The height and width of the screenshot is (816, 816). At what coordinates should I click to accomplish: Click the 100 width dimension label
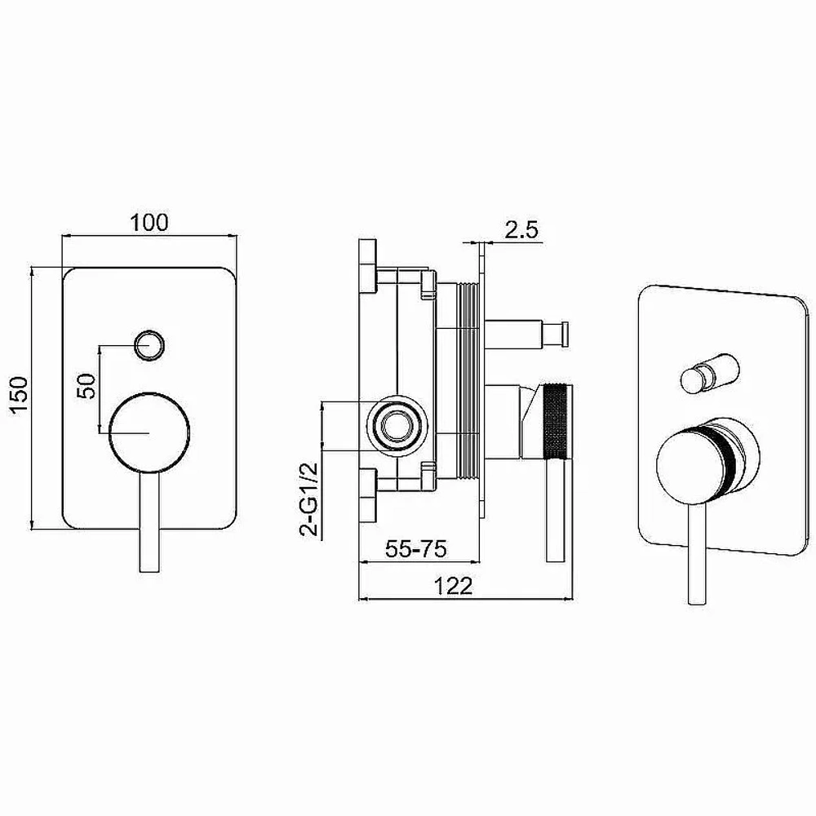149,222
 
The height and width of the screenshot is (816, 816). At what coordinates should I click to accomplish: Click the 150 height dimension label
20,396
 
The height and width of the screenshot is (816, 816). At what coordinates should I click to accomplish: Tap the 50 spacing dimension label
86,386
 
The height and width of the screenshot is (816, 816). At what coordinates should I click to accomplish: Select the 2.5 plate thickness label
521,229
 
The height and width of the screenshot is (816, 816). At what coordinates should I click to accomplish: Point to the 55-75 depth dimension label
416,548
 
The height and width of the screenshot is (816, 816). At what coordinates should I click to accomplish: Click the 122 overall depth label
453,586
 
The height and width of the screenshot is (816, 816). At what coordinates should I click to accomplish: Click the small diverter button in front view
149,344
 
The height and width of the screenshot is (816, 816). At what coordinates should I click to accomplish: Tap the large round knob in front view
149,432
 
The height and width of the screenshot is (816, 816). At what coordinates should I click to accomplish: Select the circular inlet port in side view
397,427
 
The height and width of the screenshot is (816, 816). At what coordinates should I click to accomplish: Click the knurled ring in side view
558,422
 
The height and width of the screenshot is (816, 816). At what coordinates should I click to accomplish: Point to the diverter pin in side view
528,334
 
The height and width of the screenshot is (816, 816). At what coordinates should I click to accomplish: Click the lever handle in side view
555,511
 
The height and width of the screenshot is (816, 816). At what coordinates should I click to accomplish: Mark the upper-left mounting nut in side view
368,266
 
